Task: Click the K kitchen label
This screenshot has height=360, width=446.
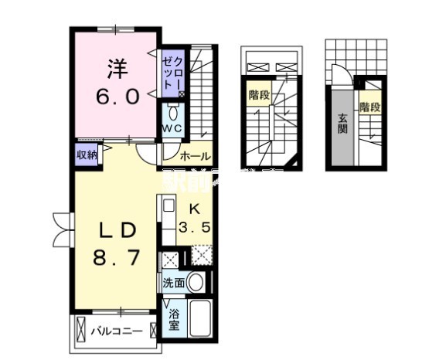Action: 195,208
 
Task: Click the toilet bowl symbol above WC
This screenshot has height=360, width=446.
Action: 172,110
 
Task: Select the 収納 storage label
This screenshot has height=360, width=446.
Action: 87,155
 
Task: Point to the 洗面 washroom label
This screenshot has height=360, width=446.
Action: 173,284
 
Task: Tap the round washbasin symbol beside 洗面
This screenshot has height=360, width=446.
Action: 198,283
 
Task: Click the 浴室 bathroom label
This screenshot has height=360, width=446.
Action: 174,320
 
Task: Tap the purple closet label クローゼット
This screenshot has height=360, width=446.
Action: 172,73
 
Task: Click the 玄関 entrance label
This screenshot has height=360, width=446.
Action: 341,124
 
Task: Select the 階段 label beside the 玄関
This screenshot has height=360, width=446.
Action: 369,107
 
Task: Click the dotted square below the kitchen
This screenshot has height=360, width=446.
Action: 201,256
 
